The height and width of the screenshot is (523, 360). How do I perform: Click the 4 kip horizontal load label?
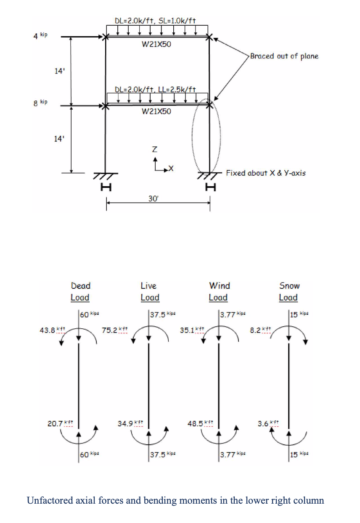(40, 36)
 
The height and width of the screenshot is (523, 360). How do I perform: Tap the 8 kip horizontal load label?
(40, 103)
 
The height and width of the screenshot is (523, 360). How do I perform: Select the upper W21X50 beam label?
(156, 44)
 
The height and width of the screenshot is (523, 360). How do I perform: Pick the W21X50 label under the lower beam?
(156, 111)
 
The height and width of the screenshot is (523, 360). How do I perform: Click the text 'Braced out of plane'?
(284, 56)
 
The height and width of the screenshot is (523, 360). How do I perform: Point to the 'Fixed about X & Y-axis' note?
(266, 173)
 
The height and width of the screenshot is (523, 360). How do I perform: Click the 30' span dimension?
(153, 198)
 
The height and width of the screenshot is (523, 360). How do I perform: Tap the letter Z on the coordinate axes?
(155, 149)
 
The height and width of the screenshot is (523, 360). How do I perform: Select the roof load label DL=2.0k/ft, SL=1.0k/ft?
(155, 21)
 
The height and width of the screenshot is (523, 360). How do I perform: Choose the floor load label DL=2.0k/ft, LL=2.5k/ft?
(155, 89)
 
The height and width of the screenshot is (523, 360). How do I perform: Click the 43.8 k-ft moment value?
(52, 330)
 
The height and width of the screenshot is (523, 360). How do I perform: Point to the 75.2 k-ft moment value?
(114, 330)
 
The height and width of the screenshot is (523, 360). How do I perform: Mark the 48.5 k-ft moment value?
(200, 423)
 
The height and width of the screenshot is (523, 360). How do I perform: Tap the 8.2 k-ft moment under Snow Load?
(260, 330)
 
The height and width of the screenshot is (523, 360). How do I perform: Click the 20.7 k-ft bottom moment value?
(60, 423)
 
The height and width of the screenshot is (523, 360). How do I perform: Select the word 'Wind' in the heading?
(220, 285)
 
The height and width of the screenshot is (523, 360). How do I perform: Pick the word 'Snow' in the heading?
(289, 285)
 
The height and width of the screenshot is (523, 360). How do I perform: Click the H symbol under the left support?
(106, 187)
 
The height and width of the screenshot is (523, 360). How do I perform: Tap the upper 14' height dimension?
(59, 71)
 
